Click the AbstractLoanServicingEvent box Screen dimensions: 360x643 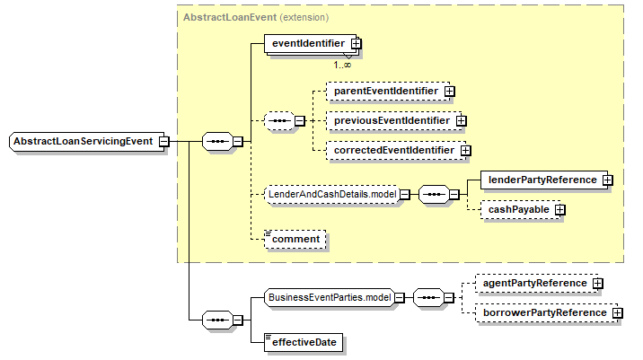coord(84,141)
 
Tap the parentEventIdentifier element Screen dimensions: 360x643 coord(385,91)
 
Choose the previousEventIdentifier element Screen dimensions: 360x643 coord(391,119)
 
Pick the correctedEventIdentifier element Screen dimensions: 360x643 coord(393,150)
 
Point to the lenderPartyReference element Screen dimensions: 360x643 coord(542,180)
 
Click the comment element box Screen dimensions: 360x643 coord(295,239)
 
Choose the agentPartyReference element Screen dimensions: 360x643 coord(530,283)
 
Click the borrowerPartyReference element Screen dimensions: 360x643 coord(542,312)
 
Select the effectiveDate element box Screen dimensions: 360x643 coord(296,342)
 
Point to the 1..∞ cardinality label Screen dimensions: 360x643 coord(342,65)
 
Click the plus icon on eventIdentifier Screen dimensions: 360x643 coord(357,42)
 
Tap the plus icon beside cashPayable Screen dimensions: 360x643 coord(559,209)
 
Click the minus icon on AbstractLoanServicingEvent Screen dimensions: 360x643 coord(163,141)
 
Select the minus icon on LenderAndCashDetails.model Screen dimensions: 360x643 coord(405,193)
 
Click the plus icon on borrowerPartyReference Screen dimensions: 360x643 coord(617,312)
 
